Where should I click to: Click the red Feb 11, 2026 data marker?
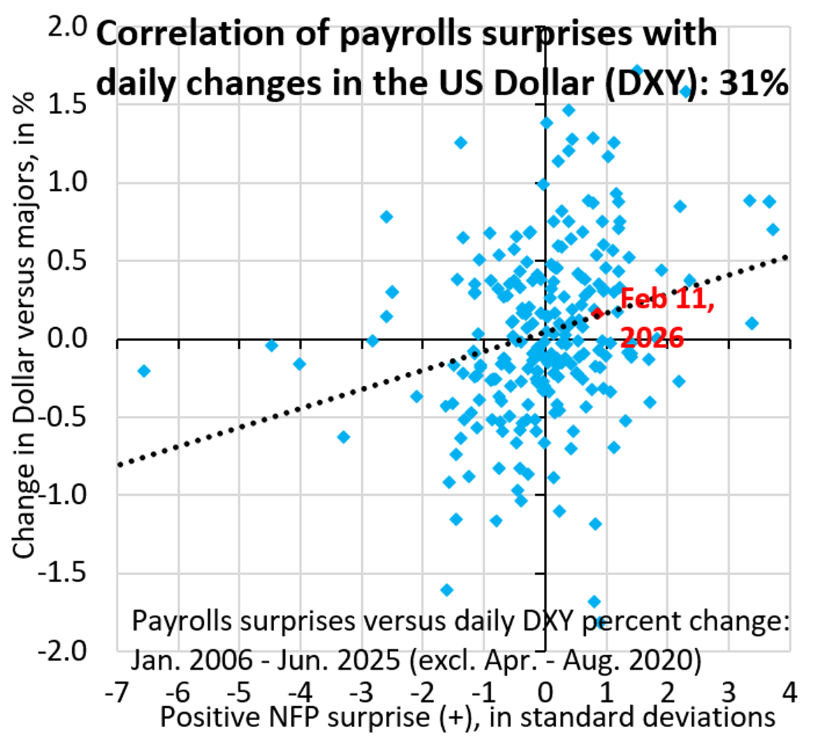click(596, 312)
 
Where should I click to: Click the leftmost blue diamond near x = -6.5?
click(144, 370)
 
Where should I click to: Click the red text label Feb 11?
click(667, 299)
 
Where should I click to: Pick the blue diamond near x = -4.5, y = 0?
click(272, 345)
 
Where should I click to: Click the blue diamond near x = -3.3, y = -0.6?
click(343, 437)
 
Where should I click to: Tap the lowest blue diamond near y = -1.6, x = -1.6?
click(447, 590)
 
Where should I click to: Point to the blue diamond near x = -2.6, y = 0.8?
click(387, 217)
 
